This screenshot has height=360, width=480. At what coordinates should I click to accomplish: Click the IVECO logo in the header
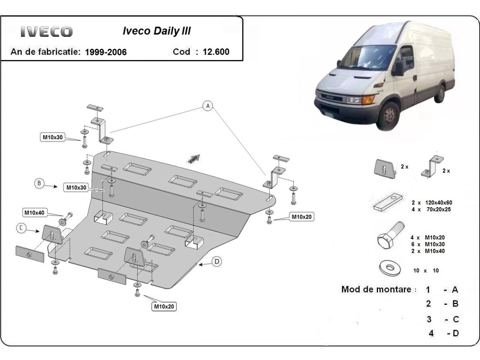(46, 32)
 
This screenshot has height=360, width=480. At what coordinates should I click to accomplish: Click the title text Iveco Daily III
(156, 31)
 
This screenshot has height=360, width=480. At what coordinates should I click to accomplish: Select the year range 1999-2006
(106, 52)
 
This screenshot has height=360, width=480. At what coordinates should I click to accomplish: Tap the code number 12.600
(216, 52)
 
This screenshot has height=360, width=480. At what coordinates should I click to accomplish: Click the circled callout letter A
(207, 106)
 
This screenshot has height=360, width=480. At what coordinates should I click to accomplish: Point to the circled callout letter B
(39, 184)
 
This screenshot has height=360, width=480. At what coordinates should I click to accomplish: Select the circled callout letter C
(21, 228)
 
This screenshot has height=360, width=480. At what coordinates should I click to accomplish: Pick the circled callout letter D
(216, 262)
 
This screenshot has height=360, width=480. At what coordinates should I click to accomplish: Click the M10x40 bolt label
(34, 212)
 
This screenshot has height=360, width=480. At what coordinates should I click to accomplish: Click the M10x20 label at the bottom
(164, 307)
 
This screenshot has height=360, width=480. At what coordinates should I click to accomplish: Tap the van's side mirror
(398, 68)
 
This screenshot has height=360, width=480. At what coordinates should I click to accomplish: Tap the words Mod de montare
(376, 289)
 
